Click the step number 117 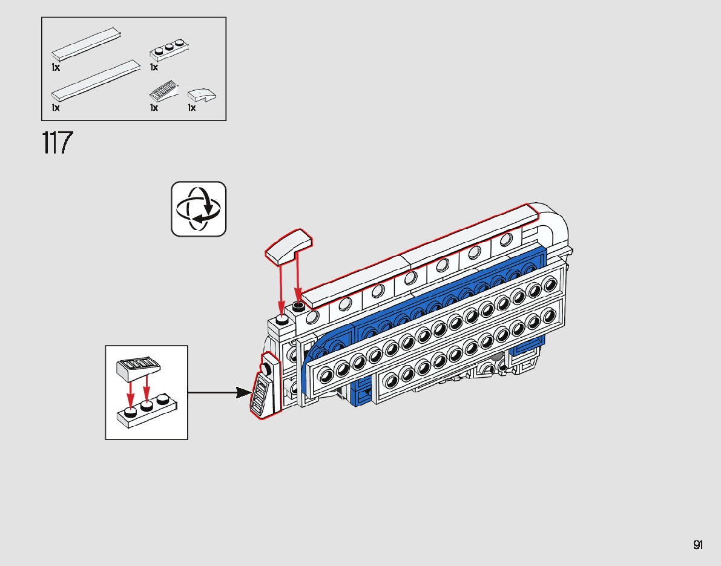[x=58, y=143]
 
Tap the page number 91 [x=698, y=545]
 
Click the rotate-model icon [x=199, y=209]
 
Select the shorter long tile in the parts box [x=85, y=42]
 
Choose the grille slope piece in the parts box [x=163, y=91]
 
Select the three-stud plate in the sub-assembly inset [x=147, y=412]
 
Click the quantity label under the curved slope [x=192, y=108]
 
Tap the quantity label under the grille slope [x=154, y=108]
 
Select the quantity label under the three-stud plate [x=154, y=68]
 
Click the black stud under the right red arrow [x=298, y=308]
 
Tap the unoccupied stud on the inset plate [x=162, y=400]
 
